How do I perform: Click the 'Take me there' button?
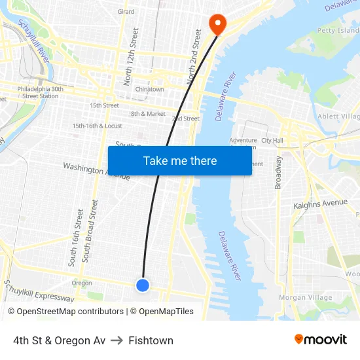[x=180, y=160]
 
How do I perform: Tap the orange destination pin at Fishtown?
[x=217, y=24]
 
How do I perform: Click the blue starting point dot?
[x=142, y=285]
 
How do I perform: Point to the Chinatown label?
[x=149, y=89]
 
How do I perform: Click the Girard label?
[x=126, y=12]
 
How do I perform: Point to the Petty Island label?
[x=338, y=30]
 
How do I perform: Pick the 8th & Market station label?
[x=148, y=114]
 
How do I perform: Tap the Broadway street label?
[x=278, y=172]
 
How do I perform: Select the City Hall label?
[x=272, y=140]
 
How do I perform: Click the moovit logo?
[x=320, y=340]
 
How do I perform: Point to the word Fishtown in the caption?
[x=151, y=340]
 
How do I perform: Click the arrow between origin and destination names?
[x=117, y=340]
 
